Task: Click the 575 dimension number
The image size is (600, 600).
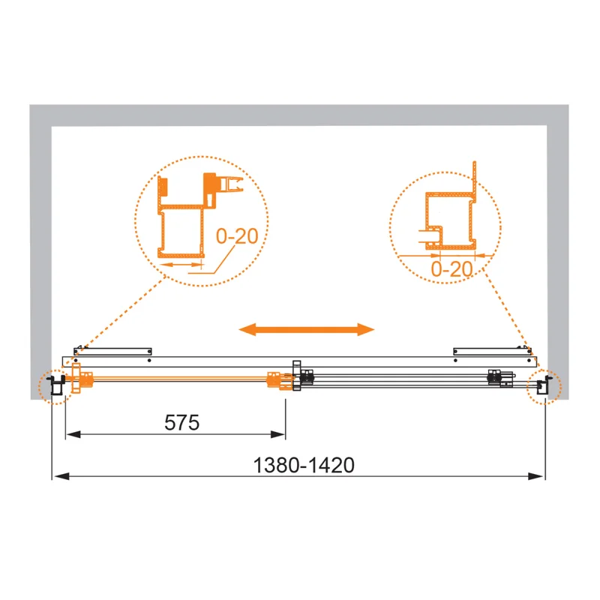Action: tap(182, 422)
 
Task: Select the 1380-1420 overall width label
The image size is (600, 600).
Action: tap(303, 466)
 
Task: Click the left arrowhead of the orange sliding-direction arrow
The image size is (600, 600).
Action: tap(248, 329)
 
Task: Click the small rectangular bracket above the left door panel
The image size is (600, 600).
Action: tap(112, 350)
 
